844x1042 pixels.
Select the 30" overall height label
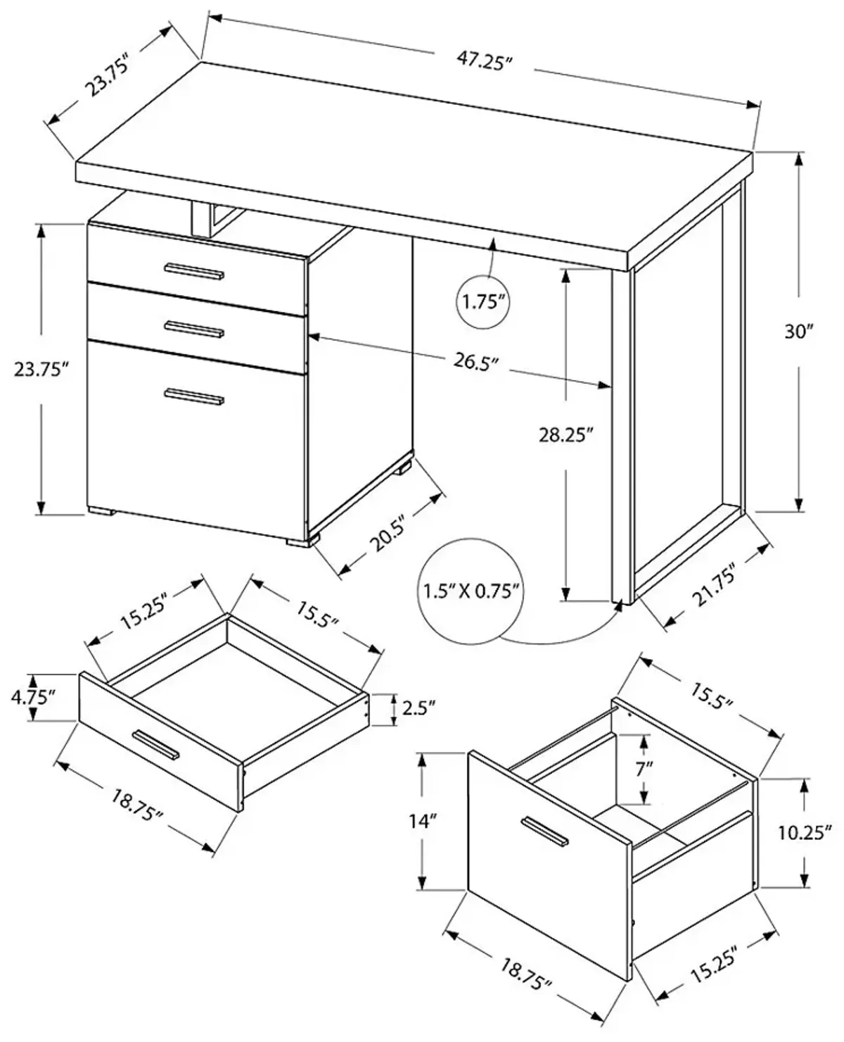click(x=799, y=331)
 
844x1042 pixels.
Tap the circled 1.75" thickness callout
click(x=484, y=303)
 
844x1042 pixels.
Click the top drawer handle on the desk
click(x=193, y=272)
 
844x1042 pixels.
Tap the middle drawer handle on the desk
click(x=194, y=329)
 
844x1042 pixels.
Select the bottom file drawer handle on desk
click(x=194, y=397)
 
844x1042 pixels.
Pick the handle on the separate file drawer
click(x=545, y=831)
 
